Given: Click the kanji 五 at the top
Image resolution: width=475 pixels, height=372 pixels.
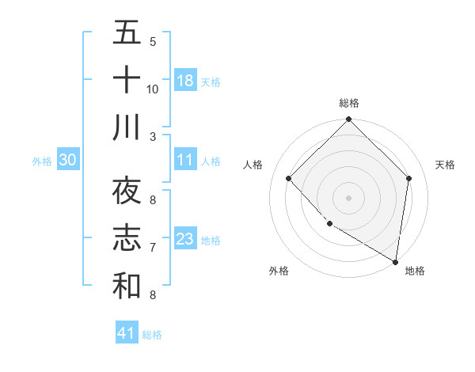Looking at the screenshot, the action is [127, 34].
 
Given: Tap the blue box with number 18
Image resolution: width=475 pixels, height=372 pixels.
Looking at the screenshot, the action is [184, 80].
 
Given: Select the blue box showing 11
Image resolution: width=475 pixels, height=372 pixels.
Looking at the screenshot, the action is [184, 160].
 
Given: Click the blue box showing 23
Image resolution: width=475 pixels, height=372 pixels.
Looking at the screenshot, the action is [184, 239].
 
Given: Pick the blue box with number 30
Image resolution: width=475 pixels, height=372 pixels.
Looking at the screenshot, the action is [67, 160].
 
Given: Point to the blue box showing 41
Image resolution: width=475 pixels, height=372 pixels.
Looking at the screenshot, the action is [127, 333].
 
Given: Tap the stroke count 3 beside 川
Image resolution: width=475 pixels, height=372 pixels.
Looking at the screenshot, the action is [153, 136].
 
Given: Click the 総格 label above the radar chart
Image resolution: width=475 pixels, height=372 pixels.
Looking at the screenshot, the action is [348, 103].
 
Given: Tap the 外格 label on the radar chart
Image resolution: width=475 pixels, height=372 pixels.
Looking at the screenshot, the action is [279, 271].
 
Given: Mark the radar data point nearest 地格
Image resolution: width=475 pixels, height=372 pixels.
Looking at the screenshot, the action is [396, 261].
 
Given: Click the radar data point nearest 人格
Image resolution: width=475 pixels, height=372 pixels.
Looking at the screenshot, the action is [289, 178].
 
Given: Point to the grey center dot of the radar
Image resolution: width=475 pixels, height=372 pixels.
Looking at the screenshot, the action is [348, 197].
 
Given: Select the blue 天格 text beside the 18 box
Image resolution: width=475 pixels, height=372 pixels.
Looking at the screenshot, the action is [211, 82].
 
